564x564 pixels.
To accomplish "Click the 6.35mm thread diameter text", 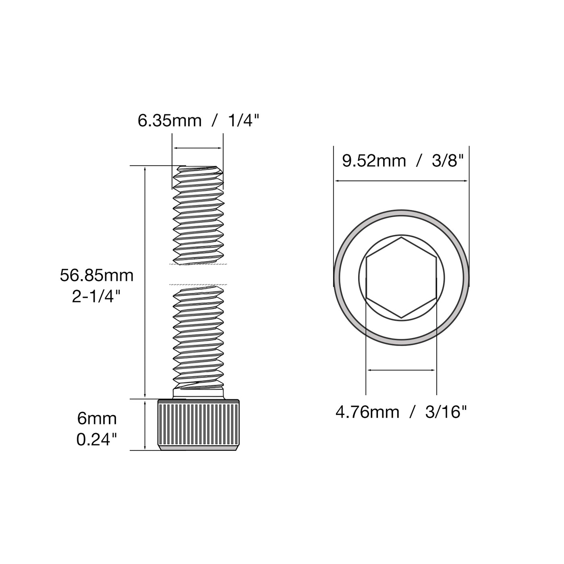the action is click(170, 121).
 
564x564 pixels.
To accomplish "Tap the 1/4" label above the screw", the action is click(244, 120).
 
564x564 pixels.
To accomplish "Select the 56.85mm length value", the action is click(97, 276).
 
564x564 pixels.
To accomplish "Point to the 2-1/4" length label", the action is click(96, 297).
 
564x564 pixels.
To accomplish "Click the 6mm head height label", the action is click(97, 419).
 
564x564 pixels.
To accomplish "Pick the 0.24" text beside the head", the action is click(97, 440).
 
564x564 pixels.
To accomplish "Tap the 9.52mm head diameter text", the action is click(374, 161).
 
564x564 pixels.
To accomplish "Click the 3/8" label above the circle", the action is click(448, 161).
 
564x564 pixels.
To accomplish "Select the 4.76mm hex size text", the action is click(367, 413).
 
